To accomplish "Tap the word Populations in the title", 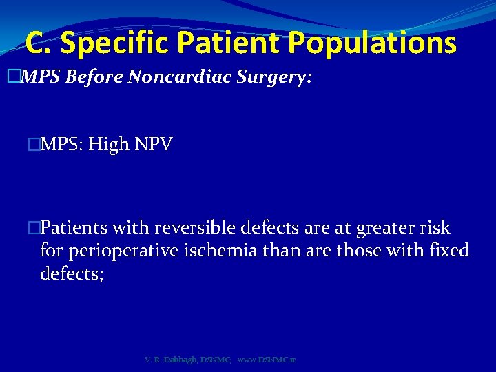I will [372, 43].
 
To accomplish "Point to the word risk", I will [432, 228].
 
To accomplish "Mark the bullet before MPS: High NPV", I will [34, 145].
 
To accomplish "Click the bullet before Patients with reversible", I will [34, 228].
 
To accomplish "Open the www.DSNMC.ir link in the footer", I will [266, 360].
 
